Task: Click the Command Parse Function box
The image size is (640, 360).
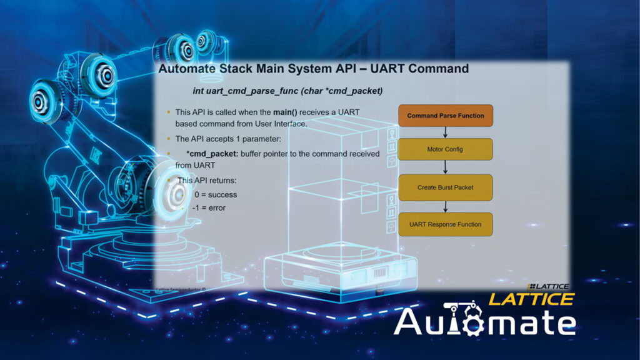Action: tap(446, 116)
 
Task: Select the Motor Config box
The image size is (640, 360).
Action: tap(445, 149)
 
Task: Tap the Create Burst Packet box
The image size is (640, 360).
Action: tap(445, 187)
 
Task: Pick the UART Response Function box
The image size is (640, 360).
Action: tap(445, 224)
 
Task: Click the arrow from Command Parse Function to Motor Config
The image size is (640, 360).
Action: tap(445, 132)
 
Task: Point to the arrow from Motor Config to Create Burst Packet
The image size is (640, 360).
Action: tap(445, 167)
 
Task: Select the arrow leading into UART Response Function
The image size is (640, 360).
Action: tap(445, 206)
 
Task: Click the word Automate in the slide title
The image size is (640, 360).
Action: tap(187, 69)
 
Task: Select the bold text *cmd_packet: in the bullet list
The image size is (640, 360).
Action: tap(212, 154)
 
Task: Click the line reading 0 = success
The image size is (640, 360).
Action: tap(216, 195)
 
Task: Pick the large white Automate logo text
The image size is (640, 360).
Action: tap(485, 322)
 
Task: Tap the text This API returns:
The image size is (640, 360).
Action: tap(206, 181)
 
